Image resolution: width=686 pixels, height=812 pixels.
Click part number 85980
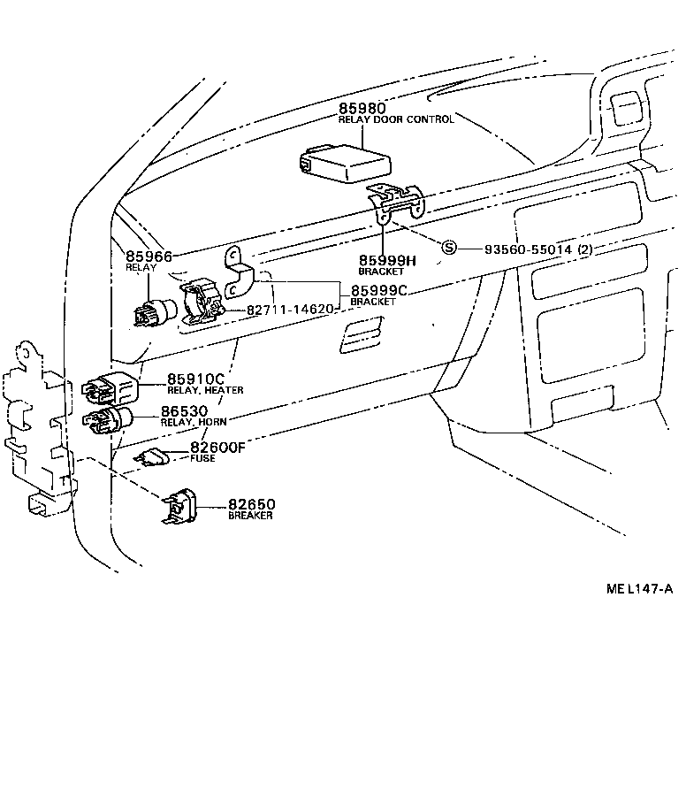pos(362,108)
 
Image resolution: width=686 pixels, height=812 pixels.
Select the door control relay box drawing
pos(344,163)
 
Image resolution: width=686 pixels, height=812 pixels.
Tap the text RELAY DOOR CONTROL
pos(396,119)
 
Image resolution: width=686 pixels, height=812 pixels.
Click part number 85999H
pos(386,260)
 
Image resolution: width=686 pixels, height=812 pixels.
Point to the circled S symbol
pos(449,249)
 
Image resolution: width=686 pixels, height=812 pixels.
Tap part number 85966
pos(149,256)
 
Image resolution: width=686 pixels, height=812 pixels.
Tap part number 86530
pos(184,411)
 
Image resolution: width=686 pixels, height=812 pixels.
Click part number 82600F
pos(217,448)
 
